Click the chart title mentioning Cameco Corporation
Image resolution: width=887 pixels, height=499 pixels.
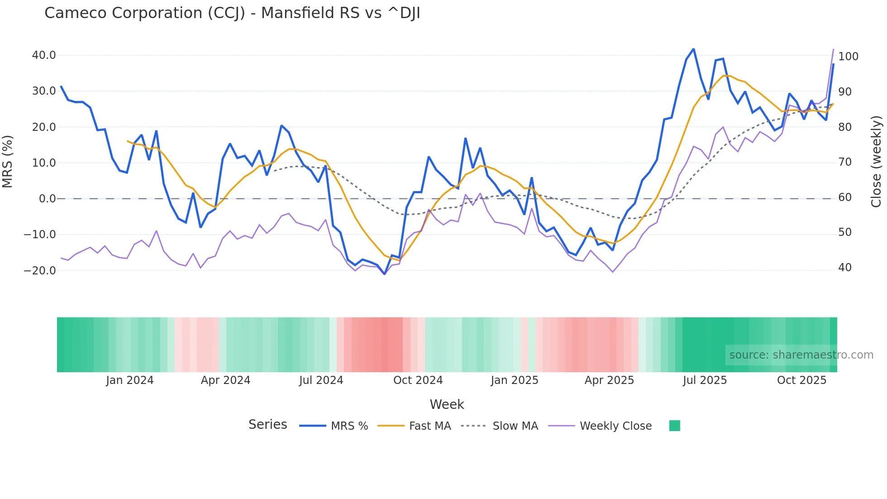pyautogui.click(x=232, y=13)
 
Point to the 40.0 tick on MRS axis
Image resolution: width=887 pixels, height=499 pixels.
pyautogui.click(x=44, y=55)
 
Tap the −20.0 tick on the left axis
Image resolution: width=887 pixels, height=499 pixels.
pyautogui.click(x=40, y=271)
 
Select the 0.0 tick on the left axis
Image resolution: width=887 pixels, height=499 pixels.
pyautogui.click(x=47, y=199)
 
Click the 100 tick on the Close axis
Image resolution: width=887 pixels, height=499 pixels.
pyautogui.click(x=848, y=57)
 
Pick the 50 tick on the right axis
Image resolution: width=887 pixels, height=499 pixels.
pyautogui.click(x=844, y=232)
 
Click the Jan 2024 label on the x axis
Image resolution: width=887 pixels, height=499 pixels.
pyautogui.click(x=130, y=380)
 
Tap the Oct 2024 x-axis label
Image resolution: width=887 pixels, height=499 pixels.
pyautogui.click(x=418, y=380)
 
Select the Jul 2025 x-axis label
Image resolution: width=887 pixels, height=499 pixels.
pyautogui.click(x=705, y=380)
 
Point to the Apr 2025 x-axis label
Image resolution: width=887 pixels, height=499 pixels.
pyautogui.click(x=609, y=380)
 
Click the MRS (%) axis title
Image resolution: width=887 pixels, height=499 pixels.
pyautogui.click(x=8, y=162)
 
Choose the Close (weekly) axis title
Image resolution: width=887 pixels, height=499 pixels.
pyautogui.click(x=876, y=162)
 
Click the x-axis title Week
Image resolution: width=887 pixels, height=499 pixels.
pyautogui.click(x=447, y=404)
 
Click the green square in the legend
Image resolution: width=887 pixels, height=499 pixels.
pyautogui.click(x=674, y=426)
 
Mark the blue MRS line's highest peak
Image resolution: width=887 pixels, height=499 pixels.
pyautogui.click(x=693, y=49)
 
